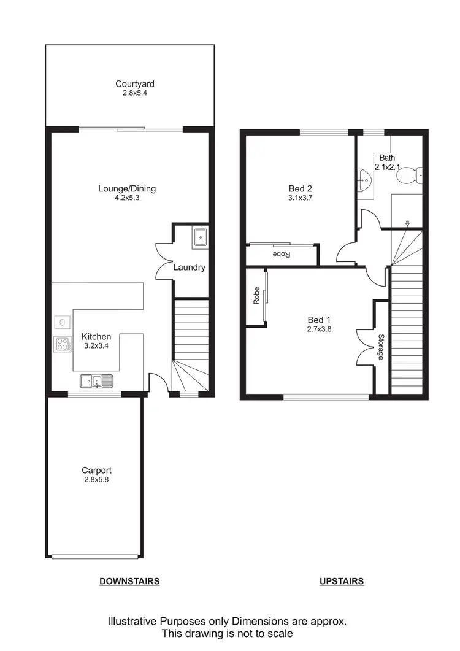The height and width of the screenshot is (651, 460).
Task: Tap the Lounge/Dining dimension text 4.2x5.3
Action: (x=126, y=198)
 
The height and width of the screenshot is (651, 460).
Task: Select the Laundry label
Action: (x=189, y=268)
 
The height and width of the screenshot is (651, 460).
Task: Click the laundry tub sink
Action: (x=201, y=237)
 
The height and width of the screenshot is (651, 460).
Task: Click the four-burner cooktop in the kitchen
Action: (x=62, y=344)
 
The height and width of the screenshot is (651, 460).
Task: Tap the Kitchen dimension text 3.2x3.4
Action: (x=96, y=346)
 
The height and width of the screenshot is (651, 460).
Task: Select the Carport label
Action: (x=97, y=470)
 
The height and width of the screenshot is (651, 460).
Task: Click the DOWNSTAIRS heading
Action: (x=129, y=581)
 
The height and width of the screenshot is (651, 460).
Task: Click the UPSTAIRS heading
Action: (x=342, y=581)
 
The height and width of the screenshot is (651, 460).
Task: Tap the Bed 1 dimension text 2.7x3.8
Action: (x=319, y=329)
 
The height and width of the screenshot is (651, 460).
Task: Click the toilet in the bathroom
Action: (x=407, y=177)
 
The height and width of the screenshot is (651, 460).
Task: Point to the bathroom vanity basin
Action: (x=364, y=180)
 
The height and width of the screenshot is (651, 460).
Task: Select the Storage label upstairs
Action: (x=381, y=347)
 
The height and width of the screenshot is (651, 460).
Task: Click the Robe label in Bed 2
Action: (x=281, y=254)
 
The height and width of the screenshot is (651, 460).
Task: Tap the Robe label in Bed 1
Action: (x=256, y=297)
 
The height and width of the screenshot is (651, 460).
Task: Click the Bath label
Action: (x=387, y=158)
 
